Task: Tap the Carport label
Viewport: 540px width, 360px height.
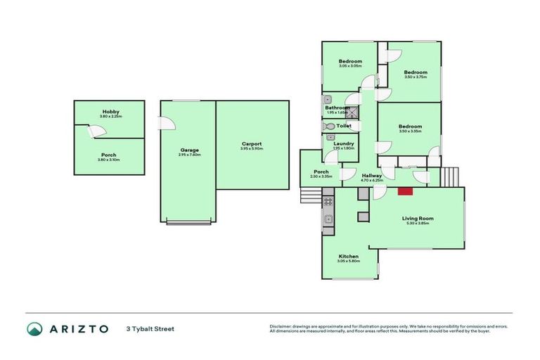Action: tap(251, 143)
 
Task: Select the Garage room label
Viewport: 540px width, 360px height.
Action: tap(189, 150)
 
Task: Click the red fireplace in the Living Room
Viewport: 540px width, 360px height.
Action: tap(405, 191)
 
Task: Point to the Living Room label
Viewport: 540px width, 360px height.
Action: tap(418, 218)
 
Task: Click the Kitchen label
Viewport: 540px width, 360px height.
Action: tap(349, 256)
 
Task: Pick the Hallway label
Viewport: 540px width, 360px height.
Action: tap(372, 175)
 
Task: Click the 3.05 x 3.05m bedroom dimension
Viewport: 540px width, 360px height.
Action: tap(350, 66)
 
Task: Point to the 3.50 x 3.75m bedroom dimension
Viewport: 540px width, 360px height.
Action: tap(416, 77)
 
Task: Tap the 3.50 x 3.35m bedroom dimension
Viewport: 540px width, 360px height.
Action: tap(409, 131)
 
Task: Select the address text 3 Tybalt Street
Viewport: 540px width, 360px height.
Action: tap(150, 328)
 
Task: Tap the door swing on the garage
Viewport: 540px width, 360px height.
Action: tap(167, 124)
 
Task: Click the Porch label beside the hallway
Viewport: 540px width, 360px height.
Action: tap(321, 172)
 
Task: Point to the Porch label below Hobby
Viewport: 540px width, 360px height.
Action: tap(109, 155)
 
